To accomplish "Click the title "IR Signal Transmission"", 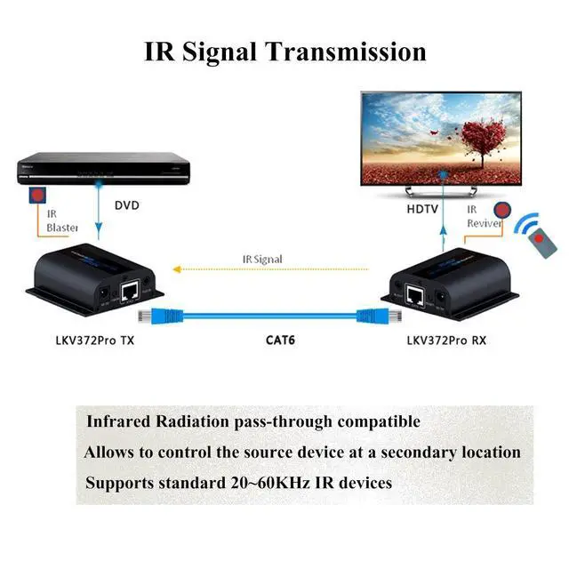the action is click(x=284, y=51).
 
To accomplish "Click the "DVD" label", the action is click(x=126, y=205).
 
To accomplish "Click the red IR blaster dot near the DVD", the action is click(x=37, y=194).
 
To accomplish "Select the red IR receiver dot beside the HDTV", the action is click(x=502, y=212).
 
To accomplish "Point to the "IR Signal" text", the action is click(x=262, y=259).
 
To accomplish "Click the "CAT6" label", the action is click(x=281, y=339).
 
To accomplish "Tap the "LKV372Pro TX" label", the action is click(x=95, y=339).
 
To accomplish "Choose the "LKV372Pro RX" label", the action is click(x=446, y=339).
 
